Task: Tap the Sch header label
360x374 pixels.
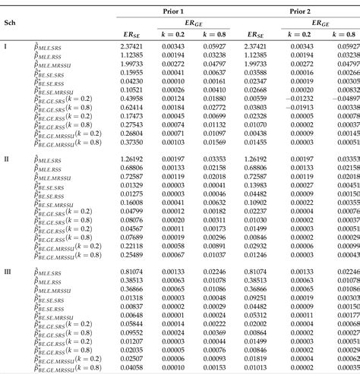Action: tap(11, 23)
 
